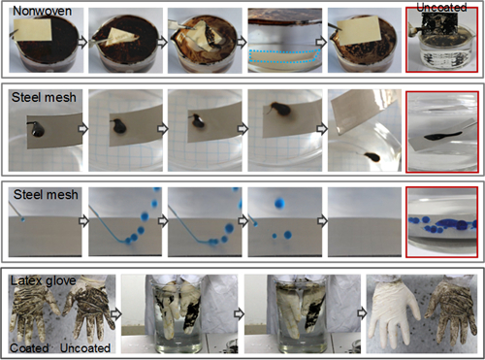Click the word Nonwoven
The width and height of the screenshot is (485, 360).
tap(42, 11)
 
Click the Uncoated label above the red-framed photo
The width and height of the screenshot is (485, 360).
tap(441, 8)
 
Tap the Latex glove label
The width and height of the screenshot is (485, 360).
tap(43, 280)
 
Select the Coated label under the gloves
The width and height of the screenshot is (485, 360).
tap(29, 348)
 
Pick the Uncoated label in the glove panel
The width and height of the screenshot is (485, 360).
tap(85, 348)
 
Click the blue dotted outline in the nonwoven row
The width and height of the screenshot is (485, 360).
tap(284, 56)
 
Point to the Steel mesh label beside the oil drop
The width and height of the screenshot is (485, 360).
tap(44, 97)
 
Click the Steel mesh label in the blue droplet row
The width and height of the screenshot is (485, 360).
tap(46, 195)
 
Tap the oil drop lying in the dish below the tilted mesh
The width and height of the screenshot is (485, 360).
tap(372, 157)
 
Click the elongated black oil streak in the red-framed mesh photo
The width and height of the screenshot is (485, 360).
tap(442, 136)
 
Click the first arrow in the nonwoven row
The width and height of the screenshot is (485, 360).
tap(83, 42)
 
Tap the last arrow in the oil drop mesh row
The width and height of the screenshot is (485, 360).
tap(321, 129)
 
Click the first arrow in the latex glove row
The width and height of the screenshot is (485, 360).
tap(116, 313)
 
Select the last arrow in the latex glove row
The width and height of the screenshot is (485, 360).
tap(362, 313)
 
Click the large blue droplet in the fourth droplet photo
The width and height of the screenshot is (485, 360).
tap(279, 204)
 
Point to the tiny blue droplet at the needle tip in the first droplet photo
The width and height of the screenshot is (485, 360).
tap(22, 219)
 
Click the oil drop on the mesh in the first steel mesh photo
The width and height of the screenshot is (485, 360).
tap(37, 129)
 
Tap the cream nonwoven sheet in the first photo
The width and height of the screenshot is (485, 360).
tap(33, 30)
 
